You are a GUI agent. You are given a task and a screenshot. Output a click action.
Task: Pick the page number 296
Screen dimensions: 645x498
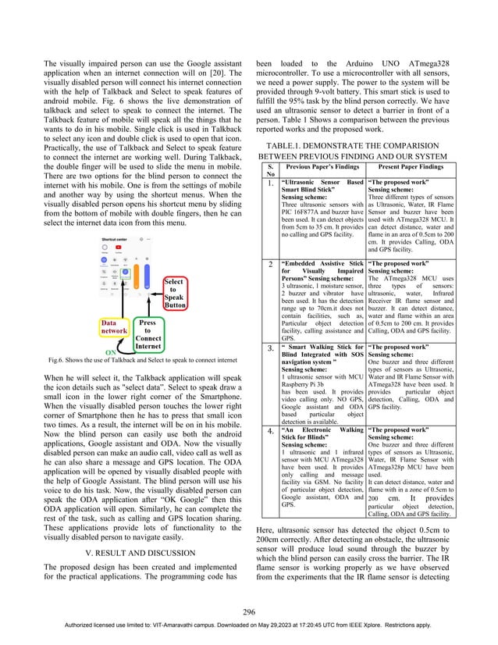click(x=249, y=611)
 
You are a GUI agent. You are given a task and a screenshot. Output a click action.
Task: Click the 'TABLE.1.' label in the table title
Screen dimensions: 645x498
click(x=289, y=145)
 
